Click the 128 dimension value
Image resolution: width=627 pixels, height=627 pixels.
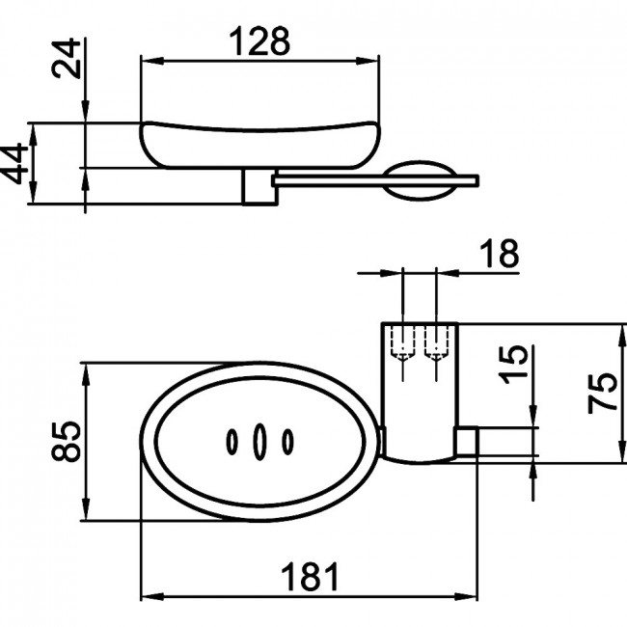[x=259, y=41]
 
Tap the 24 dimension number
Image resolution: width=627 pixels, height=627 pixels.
[x=67, y=58]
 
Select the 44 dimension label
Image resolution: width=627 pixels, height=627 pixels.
[x=14, y=164]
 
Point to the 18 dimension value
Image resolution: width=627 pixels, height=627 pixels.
[x=499, y=254]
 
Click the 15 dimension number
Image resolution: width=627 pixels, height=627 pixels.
[x=515, y=365]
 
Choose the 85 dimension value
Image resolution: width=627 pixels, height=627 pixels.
[x=67, y=441]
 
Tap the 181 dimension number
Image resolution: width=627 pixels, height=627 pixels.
[x=310, y=576]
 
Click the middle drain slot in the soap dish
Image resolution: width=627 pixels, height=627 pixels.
[x=259, y=442]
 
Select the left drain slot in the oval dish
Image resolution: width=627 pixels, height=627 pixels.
[x=232, y=442]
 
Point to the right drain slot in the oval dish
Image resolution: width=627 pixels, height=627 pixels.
[x=287, y=442]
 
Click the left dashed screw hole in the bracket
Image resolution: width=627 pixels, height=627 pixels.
[x=403, y=344]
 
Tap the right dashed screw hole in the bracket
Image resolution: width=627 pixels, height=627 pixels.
[x=435, y=344]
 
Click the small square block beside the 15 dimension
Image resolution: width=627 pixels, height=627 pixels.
[x=466, y=442]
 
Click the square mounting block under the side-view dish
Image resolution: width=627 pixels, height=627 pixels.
[x=259, y=187]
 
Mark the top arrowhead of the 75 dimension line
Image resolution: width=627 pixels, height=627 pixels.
[x=622, y=335]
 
